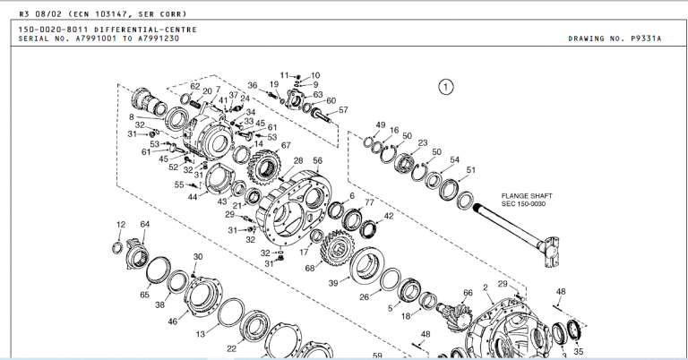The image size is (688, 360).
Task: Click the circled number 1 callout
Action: pos(446,87)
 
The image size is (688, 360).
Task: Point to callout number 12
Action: pos(121,224)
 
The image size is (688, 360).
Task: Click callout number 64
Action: pos(144,224)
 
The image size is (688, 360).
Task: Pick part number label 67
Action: pos(286,145)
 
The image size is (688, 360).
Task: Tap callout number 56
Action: pos(317,161)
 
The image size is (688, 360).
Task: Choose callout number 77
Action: pos(368,202)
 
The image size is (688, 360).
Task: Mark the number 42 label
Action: pos(389,216)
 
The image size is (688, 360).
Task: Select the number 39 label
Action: pos(333,283)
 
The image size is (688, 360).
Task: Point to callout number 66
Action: pos(467,292)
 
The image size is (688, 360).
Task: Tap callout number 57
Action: pos(343,110)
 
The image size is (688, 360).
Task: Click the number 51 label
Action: pos(471,170)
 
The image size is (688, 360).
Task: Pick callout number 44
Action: pos(193,196)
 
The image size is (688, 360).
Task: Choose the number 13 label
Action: pos(202,333)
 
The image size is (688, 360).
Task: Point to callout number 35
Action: pos(578,351)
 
